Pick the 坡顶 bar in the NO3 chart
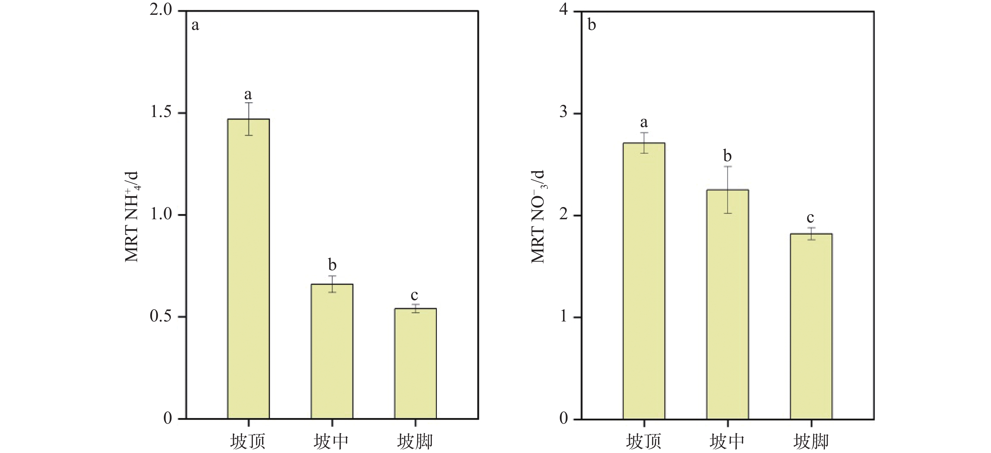pyautogui.click(x=644, y=281)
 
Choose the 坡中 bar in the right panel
pyautogui.click(x=727, y=304)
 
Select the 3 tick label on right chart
pyautogui.click(x=564, y=113)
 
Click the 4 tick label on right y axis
pyautogui.click(x=564, y=10)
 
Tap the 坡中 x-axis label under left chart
pyautogui.click(x=331, y=441)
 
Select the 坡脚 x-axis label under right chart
pyautogui.click(x=811, y=441)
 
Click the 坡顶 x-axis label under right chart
pyautogui.click(x=644, y=441)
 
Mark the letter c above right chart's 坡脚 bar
pyautogui.click(x=810, y=217)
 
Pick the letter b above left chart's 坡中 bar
pyautogui.click(x=332, y=265)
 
